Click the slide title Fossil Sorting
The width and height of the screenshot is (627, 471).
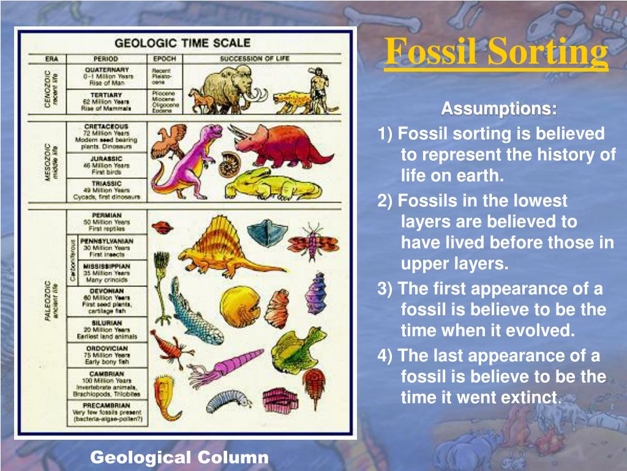[497, 52]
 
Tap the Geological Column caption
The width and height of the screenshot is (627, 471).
[179, 457]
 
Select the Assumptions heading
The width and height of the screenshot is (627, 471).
[499, 109]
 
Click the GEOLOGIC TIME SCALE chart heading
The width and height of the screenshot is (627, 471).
[182, 43]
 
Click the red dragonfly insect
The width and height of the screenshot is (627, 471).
[313, 240]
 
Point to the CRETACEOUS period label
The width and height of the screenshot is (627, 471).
[107, 126]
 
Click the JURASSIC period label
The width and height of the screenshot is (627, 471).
[107, 158]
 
